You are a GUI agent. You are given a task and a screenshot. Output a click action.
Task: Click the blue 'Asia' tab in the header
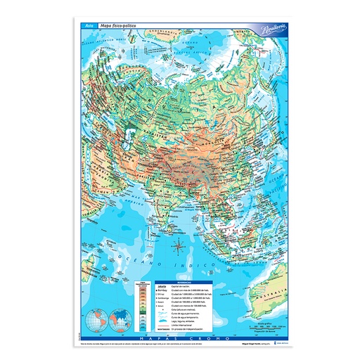(x=88, y=26)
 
